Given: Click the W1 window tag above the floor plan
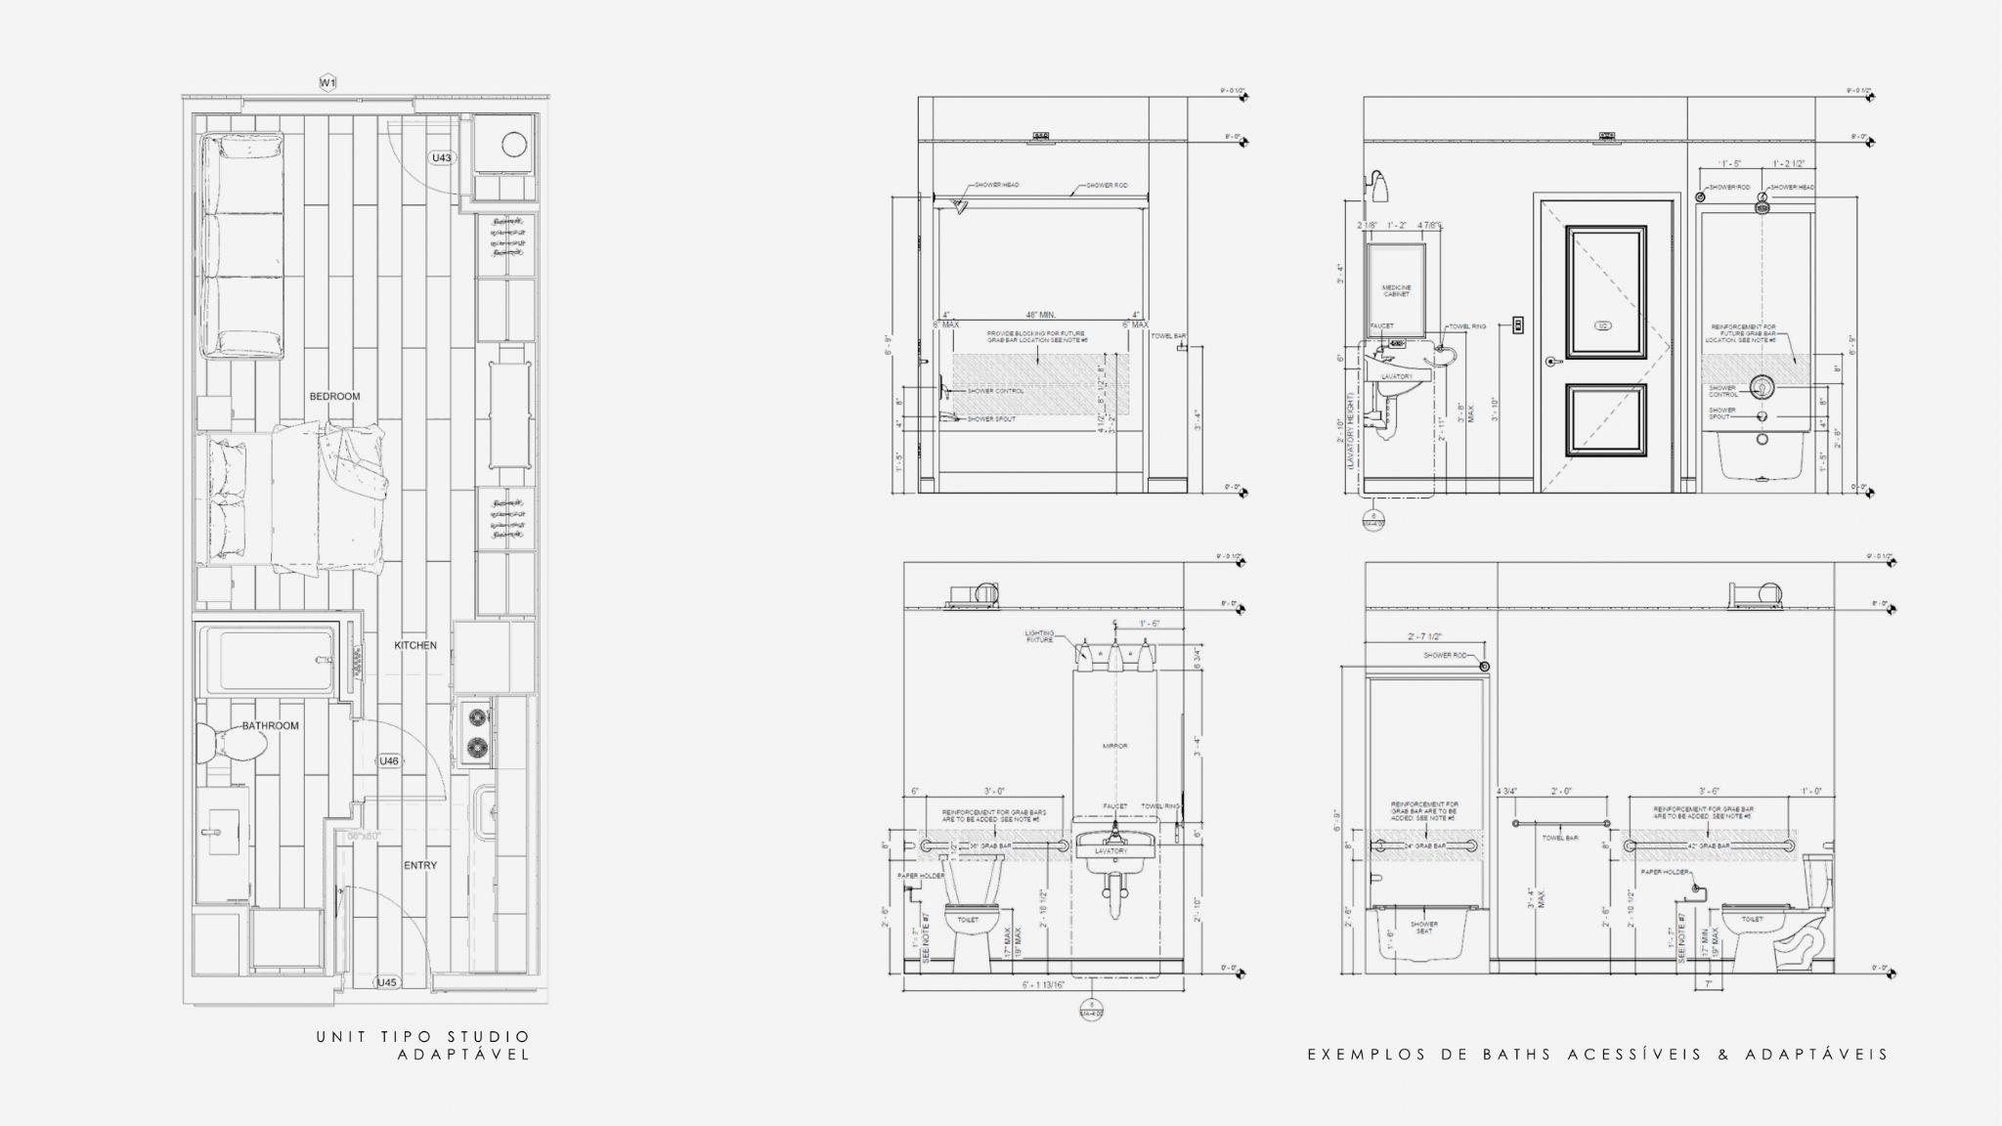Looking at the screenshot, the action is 328,83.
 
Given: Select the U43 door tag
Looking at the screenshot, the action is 442,157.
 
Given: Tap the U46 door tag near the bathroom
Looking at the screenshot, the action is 389,760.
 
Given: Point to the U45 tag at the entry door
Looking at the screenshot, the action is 388,982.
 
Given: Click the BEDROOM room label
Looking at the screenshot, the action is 334,397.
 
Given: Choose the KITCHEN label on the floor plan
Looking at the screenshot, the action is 415,646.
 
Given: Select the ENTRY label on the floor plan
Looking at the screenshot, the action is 420,866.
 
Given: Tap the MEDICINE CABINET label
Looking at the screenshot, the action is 1396,290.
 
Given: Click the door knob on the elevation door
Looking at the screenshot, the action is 1551,362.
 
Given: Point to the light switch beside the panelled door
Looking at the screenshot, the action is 1518,324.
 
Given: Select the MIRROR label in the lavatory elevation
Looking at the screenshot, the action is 1114,746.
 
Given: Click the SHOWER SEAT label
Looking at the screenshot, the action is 1423,927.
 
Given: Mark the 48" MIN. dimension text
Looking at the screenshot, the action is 1040,315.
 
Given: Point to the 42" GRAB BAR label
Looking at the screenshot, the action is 1707,845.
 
